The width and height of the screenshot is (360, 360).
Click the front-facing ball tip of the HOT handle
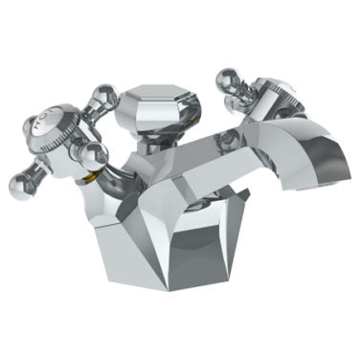click(x=90, y=157)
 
